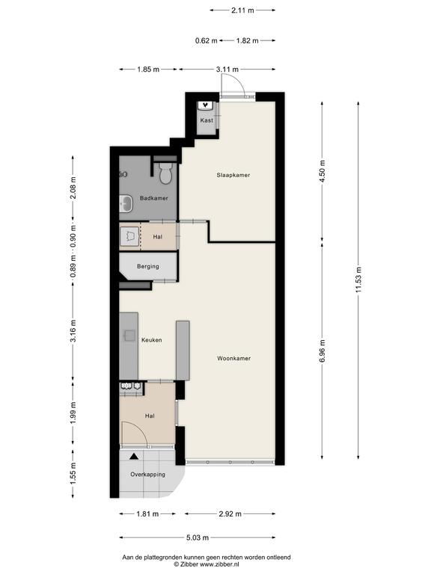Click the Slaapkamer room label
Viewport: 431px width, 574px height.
pyautogui.click(x=233, y=175)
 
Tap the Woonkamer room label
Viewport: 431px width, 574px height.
pyautogui.click(x=233, y=359)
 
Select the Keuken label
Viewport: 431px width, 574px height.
pyautogui.click(x=152, y=340)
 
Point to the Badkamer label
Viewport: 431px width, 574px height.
pyautogui.click(x=154, y=198)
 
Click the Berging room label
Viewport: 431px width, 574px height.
pyautogui.click(x=148, y=267)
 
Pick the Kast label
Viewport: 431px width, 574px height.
pyautogui.click(x=207, y=120)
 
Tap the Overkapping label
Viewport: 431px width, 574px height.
pyautogui.click(x=147, y=475)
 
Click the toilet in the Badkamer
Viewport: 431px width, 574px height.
pyautogui.click(x=165, y=173)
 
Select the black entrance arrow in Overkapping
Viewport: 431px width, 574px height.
pyautogui.click(x=134, y=457)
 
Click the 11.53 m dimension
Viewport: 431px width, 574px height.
pyautogui.click(x=358, y=280)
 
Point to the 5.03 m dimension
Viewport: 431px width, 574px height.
pyautogui.click(x=198, y=538)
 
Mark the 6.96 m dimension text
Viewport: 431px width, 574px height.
pyautogui.click(x=323, y=351)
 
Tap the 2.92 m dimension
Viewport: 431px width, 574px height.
pyautogui.click(x=230, y=514)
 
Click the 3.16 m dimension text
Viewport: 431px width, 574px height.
pyautogui.click(x=73, y=331)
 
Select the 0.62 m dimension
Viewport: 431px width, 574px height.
pyautogui.click(x=207, y=40)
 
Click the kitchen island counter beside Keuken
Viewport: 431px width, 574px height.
pyautogui.click(x=183, y=351)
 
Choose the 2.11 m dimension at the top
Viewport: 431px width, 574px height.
pyautogui.click(x=242, y=10)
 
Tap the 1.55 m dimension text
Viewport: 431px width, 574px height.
pyautogui.click(x=73, y=474)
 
